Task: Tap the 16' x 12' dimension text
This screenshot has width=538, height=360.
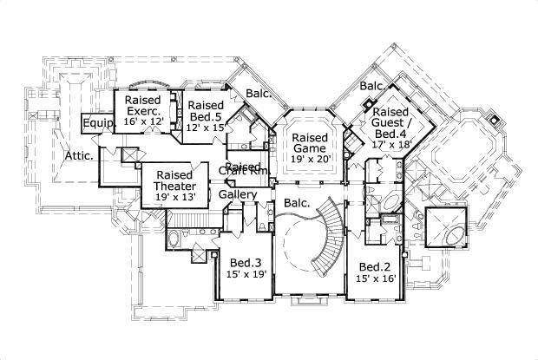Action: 143,123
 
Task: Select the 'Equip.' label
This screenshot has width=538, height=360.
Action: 95,125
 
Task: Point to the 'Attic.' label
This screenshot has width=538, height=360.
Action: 78,156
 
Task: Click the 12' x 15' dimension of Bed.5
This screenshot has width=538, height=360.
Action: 205,128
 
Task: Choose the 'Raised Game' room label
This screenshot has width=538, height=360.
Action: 309,144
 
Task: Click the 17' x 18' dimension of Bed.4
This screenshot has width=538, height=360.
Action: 392,145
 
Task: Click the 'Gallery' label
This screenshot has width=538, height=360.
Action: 237,195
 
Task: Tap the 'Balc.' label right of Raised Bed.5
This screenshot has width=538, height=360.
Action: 256,93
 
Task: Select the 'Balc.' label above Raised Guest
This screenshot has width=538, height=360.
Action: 373,87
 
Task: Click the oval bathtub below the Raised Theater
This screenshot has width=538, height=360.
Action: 173,237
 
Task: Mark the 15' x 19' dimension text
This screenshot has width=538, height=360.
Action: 246,275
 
